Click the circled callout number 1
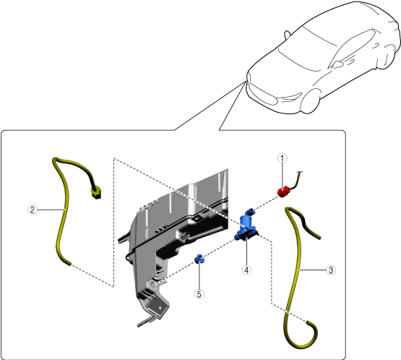click(282, 158)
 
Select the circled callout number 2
click(33, 210)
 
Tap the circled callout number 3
click(331, 270)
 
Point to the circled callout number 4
click(246, 270)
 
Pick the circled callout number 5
click(199, 294)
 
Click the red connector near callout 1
click(284, 192)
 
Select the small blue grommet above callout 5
click(199, 259)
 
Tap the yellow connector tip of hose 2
click(96, 193)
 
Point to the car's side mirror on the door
click(337, 64)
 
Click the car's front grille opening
click(264, 96)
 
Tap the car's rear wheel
click(389, 57)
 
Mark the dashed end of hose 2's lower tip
click(69, 264)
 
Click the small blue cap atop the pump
click(249, 212)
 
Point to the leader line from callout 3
click(313, 270)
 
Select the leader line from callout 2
click(51, 210)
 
